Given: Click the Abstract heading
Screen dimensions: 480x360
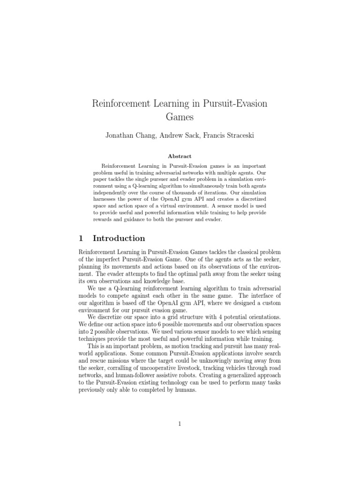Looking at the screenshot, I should pyautogui.click(x=180, y=156).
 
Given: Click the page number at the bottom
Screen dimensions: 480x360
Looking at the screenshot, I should pyautogui.click(x=180, y=424).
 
